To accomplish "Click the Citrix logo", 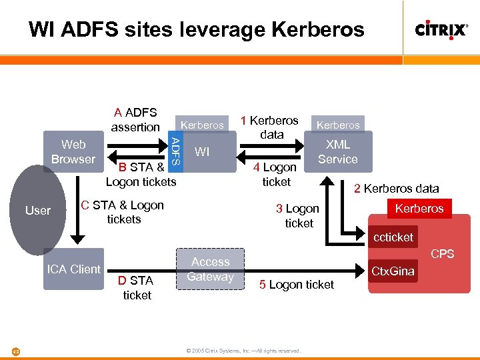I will pyautogui.click(x=441, y=30).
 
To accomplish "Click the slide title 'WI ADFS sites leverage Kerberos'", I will pyautogui.click(x=197, y=29).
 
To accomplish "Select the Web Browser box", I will pyautogui.click(x=73, y=152).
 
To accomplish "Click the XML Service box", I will pyautogui.click(x=338, y=152).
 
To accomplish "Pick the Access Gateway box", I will pyautogui.click(x=211, y=269).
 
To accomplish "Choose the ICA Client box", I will pyautogui.click(x=73, y=269).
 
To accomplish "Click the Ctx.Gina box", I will pyautogui.click(x=393, y=271).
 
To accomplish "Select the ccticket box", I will pyautogui.click(x=393, y=237).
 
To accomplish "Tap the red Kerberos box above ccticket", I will pyautogui.click(x=419, y=209).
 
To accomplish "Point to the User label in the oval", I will pyautogui.click(x=37, y=211).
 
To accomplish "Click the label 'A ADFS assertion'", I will pyautogui.click(x=135, y=119).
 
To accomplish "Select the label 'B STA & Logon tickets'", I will pyautogui.click(x=141, y=175).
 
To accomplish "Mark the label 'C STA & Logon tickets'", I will pyautogui.click(x=123, y=212).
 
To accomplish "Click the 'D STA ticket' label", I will pyautogui.click(x=137, y=287).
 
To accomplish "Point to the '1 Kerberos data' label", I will pyautogui.click(x=270, y=127).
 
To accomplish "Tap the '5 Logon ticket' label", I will pyautogui.click(x=297, y=285).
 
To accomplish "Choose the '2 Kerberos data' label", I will pyautogui.click(x=396, y=189).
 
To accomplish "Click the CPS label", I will pyautogui.click(x=442, y=253).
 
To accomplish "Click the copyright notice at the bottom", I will pyautogui.click(x=243, y=351).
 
